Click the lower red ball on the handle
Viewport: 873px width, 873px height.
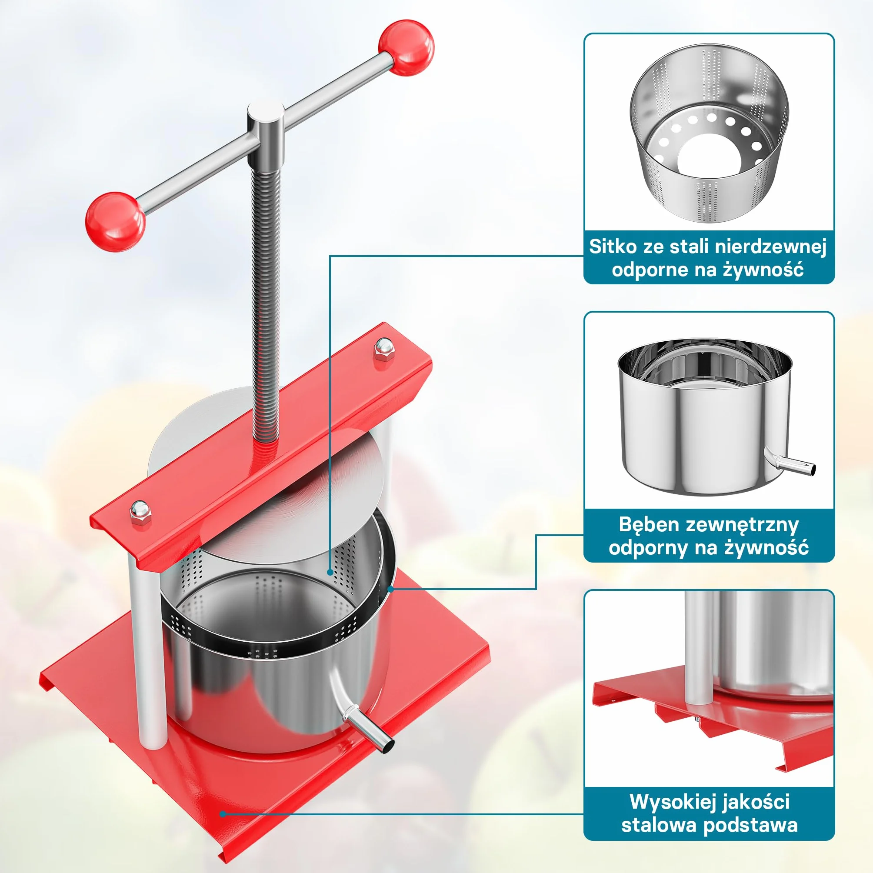click(x=115, y=221)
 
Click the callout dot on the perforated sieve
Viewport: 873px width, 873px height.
click(x=330, y=572)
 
